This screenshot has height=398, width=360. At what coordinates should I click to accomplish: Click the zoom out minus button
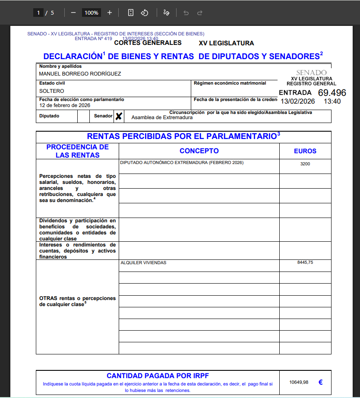pos(73,13)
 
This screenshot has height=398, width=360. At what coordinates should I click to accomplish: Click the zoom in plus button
pos(110,13)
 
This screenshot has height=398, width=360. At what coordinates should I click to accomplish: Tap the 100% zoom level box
pos(91,13)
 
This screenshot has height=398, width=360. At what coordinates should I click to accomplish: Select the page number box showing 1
pos(38,13)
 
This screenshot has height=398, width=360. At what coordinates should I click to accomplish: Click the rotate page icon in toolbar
pos(145,13)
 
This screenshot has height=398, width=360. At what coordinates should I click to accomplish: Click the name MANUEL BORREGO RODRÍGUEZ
pos(80,74)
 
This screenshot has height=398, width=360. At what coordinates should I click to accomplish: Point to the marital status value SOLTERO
pos(51,91)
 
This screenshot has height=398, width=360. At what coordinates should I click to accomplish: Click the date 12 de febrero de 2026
pos(64,105)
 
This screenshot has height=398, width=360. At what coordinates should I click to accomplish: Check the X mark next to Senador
pos(119,116)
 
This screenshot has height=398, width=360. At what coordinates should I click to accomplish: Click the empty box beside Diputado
pos(83,116)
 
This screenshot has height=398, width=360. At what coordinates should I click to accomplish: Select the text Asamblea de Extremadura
pos(162,117)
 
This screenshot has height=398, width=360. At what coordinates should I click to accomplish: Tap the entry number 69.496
pos(332,93)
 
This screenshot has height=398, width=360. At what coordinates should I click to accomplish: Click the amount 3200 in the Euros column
pos(305,164)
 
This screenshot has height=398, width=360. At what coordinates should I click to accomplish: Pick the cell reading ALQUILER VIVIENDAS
pos(143,262)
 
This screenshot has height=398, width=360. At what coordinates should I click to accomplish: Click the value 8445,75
pos(305,262)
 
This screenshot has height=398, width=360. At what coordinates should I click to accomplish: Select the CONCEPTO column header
pos(199,151)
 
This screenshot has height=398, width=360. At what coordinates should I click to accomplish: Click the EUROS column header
pos(305,151)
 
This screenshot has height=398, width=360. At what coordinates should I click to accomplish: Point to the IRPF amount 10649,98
pos(299,382)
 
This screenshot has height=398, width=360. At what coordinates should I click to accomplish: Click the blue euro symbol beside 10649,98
pos(321,382)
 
